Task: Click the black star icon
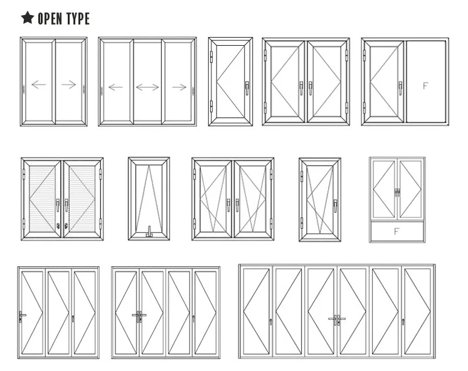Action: [27, 18]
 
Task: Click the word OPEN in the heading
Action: [50, 18]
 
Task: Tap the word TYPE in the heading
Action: [77, 18]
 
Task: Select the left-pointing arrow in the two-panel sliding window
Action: [38, 84]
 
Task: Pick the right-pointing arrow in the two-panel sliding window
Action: [69, 84]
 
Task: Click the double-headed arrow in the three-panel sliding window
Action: [147, 87]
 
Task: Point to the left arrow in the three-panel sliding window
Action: [115, 87]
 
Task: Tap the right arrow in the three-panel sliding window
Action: [179, 87]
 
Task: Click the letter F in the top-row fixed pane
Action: [425, 85]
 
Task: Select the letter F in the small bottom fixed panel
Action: [396, 231]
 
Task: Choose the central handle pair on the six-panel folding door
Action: [337, 320]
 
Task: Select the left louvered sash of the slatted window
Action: [43, 198]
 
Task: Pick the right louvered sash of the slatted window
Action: [81, 198]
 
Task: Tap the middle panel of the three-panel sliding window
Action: [147, 82]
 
